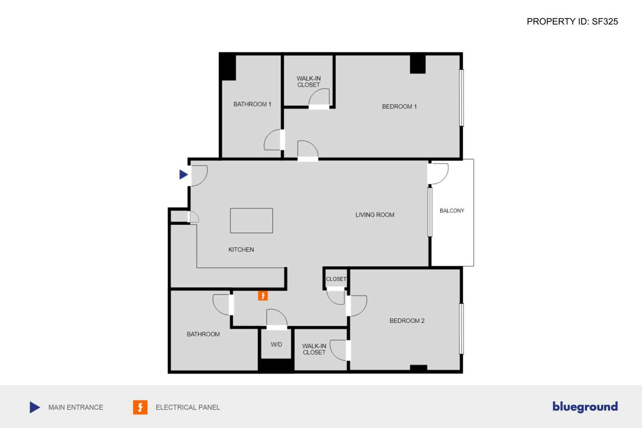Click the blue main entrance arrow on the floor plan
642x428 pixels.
click(x=183, y=174)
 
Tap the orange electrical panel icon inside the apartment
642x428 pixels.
click(x=263, y=296)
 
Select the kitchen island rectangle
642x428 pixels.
click(x=251, y=221)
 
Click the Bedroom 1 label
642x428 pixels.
click(x=399, y=106)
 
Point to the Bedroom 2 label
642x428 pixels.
click(x=407, y=321)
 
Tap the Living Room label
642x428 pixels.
click(x=375, y=215)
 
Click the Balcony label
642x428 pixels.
click(x=452, y=210)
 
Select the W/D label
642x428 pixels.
click(x=276, y=344)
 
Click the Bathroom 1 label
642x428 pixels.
click(x=252, y=104)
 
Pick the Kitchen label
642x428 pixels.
click(x=241, y=250)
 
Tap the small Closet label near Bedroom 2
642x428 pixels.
click(x=336, y=279)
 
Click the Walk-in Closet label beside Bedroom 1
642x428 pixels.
click(x=308, y=82)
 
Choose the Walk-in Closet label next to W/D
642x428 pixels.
click(x=314, y=349)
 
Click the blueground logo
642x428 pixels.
click(x=585, y=406)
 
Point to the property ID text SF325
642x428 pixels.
click(x=572, y=22)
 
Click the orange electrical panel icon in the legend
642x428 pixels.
click(x=140, y=407)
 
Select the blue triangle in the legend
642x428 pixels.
click(x=35, y=407)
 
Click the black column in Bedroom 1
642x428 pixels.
click(x=418, y=64)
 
